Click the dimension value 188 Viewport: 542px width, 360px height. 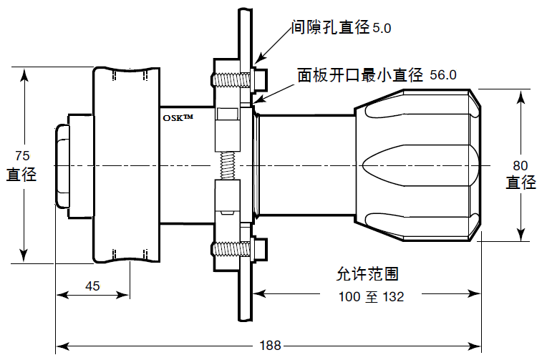coord(270,346)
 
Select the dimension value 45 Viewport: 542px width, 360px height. coord(92,286)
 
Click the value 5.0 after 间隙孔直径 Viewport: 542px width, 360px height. coord(382,29)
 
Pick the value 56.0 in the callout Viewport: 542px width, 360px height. coord(442,75)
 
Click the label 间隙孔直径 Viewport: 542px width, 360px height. coord(330,28)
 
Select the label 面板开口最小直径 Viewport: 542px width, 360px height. coord(361,74)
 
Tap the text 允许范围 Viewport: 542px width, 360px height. coord(367,274)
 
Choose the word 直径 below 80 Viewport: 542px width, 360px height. coord(521,183)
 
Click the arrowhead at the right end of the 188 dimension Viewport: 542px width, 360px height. coord(475,346)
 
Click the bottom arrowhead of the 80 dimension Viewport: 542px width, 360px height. coord(521,236)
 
